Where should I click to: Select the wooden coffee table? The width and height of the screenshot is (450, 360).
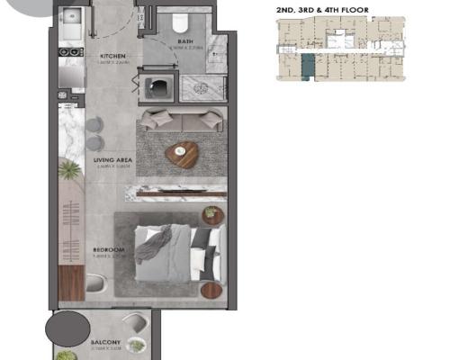[182, 156]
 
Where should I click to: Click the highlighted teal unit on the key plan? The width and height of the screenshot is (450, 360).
[309, 67]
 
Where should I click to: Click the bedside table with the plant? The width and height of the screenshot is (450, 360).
[212, 214]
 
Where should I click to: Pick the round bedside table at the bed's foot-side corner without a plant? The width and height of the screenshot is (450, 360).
[211, 291]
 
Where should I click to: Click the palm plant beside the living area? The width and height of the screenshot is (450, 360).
[67, 169]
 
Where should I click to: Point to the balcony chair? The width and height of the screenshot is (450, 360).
[136, 345]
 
